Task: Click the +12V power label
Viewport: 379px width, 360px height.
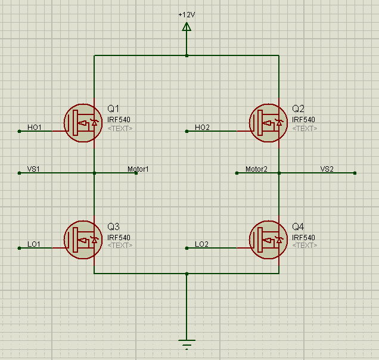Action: (187, 15)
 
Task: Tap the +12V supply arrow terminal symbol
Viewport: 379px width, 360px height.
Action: (187, 27)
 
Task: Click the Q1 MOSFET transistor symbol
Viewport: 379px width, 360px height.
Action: (83, 123)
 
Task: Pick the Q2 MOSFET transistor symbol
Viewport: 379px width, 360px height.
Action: (268, 123)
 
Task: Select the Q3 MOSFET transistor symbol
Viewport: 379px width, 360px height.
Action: (83, 240)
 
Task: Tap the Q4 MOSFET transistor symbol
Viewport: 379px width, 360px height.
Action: (268, 240)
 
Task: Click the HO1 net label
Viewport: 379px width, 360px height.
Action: (35, 128)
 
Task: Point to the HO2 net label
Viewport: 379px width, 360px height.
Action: (202, 128)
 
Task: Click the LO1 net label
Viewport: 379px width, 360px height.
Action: (34, 244)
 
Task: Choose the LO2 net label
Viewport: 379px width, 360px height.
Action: (201, 244)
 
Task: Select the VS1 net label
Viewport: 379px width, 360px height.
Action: (33, 169)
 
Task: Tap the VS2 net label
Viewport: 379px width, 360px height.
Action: (327, 169)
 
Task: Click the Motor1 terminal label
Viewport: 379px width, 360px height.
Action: (138, 169)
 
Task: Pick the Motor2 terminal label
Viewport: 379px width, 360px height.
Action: (256, 169)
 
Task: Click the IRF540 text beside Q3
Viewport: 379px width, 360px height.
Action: (119, 237)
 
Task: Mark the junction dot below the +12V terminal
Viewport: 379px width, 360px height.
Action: (187, 55)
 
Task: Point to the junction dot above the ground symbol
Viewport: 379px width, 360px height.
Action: (187, 274)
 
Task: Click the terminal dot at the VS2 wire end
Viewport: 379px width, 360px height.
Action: (355, 173)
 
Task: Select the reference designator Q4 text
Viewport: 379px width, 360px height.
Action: (298, 226)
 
